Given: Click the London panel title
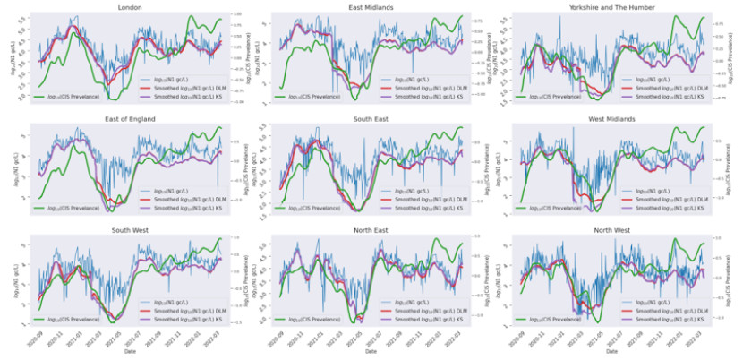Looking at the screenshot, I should (132, 7).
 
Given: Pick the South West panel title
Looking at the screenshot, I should (132, 230).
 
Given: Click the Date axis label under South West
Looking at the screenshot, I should (132, 352).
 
